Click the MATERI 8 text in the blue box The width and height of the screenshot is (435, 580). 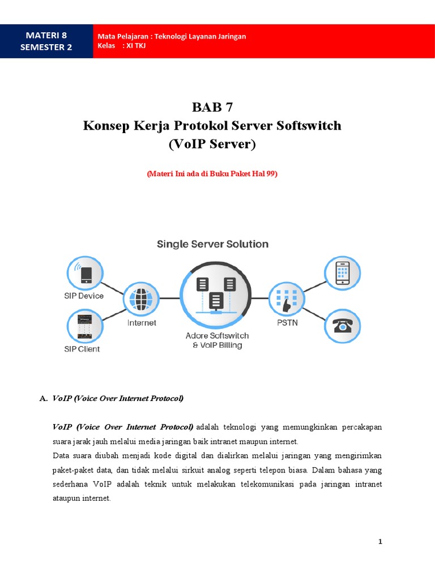click(46, 36)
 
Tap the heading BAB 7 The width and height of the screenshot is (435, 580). click(212, 107)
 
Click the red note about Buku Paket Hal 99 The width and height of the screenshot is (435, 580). click(212, 174)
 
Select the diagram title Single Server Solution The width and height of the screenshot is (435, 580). click(212, 244)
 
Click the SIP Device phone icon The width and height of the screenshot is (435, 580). click(85, 274)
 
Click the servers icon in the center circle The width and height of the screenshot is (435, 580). click(215, 293)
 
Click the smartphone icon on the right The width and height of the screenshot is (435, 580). click(342, 272)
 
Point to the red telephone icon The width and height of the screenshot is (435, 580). click(342, 326)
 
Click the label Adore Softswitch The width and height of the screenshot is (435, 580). click(217, 335)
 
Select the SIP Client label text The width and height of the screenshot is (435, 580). click(82, 349)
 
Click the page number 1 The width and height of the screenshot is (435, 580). click(381, 541)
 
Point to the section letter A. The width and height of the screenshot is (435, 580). click(43, 398)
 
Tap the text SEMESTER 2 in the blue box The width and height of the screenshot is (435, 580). click(46, 47)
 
